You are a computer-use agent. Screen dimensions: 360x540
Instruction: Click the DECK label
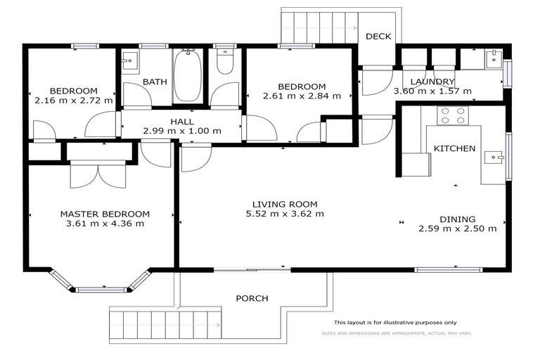coord(378,37)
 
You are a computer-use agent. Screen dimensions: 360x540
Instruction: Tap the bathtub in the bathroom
coord(188,76)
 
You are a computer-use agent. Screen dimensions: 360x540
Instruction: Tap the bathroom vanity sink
coord(129,61)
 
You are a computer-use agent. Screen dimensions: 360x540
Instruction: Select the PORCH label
coord(252,298)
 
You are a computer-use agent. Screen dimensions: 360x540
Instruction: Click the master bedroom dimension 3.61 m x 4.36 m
coord(105,224)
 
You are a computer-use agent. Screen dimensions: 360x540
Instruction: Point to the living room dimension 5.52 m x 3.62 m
coord(285,214)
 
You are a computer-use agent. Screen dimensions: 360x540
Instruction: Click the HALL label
coord(182,120)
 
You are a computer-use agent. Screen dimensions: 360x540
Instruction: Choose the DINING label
coord(458,219)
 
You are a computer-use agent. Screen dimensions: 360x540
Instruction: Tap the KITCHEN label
coord(454,149)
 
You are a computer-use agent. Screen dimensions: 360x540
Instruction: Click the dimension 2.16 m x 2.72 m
coord(73,101)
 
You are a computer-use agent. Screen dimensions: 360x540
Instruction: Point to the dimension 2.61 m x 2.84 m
coord(302,96)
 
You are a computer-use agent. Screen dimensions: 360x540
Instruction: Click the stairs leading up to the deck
coord(319,27)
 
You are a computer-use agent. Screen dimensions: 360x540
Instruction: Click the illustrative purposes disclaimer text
coord(394,322)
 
